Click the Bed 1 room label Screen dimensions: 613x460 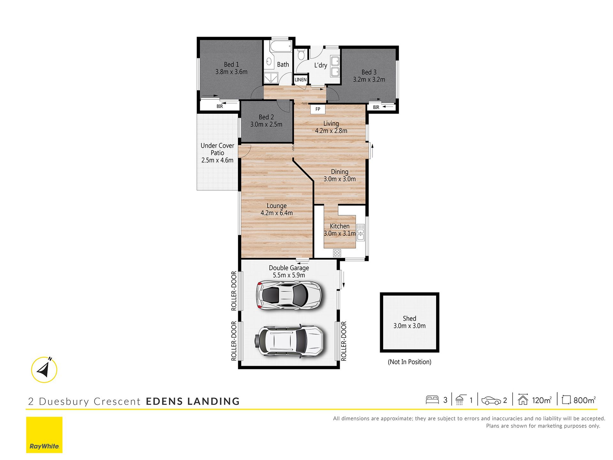point(231,65)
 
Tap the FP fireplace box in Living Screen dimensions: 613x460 point(318,109)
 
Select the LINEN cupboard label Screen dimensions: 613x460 point(300,80)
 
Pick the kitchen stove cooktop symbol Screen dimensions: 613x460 point(337,253)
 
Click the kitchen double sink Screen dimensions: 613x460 point(360,232)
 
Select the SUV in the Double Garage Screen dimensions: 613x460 point(289,341)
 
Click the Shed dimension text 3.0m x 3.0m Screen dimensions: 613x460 point(409,326)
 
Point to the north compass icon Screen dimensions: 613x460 point(44,370)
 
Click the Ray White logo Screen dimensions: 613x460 point(44,435)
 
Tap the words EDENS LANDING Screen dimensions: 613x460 point(193,401)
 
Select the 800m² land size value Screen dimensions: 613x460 point(584,400)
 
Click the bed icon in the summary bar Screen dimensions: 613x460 point(432,400)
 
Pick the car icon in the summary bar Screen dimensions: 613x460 point(491,401)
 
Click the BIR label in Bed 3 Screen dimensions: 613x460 point(376,107)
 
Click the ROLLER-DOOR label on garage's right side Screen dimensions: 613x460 point(344,341)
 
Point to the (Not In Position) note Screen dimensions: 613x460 point(409,362)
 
